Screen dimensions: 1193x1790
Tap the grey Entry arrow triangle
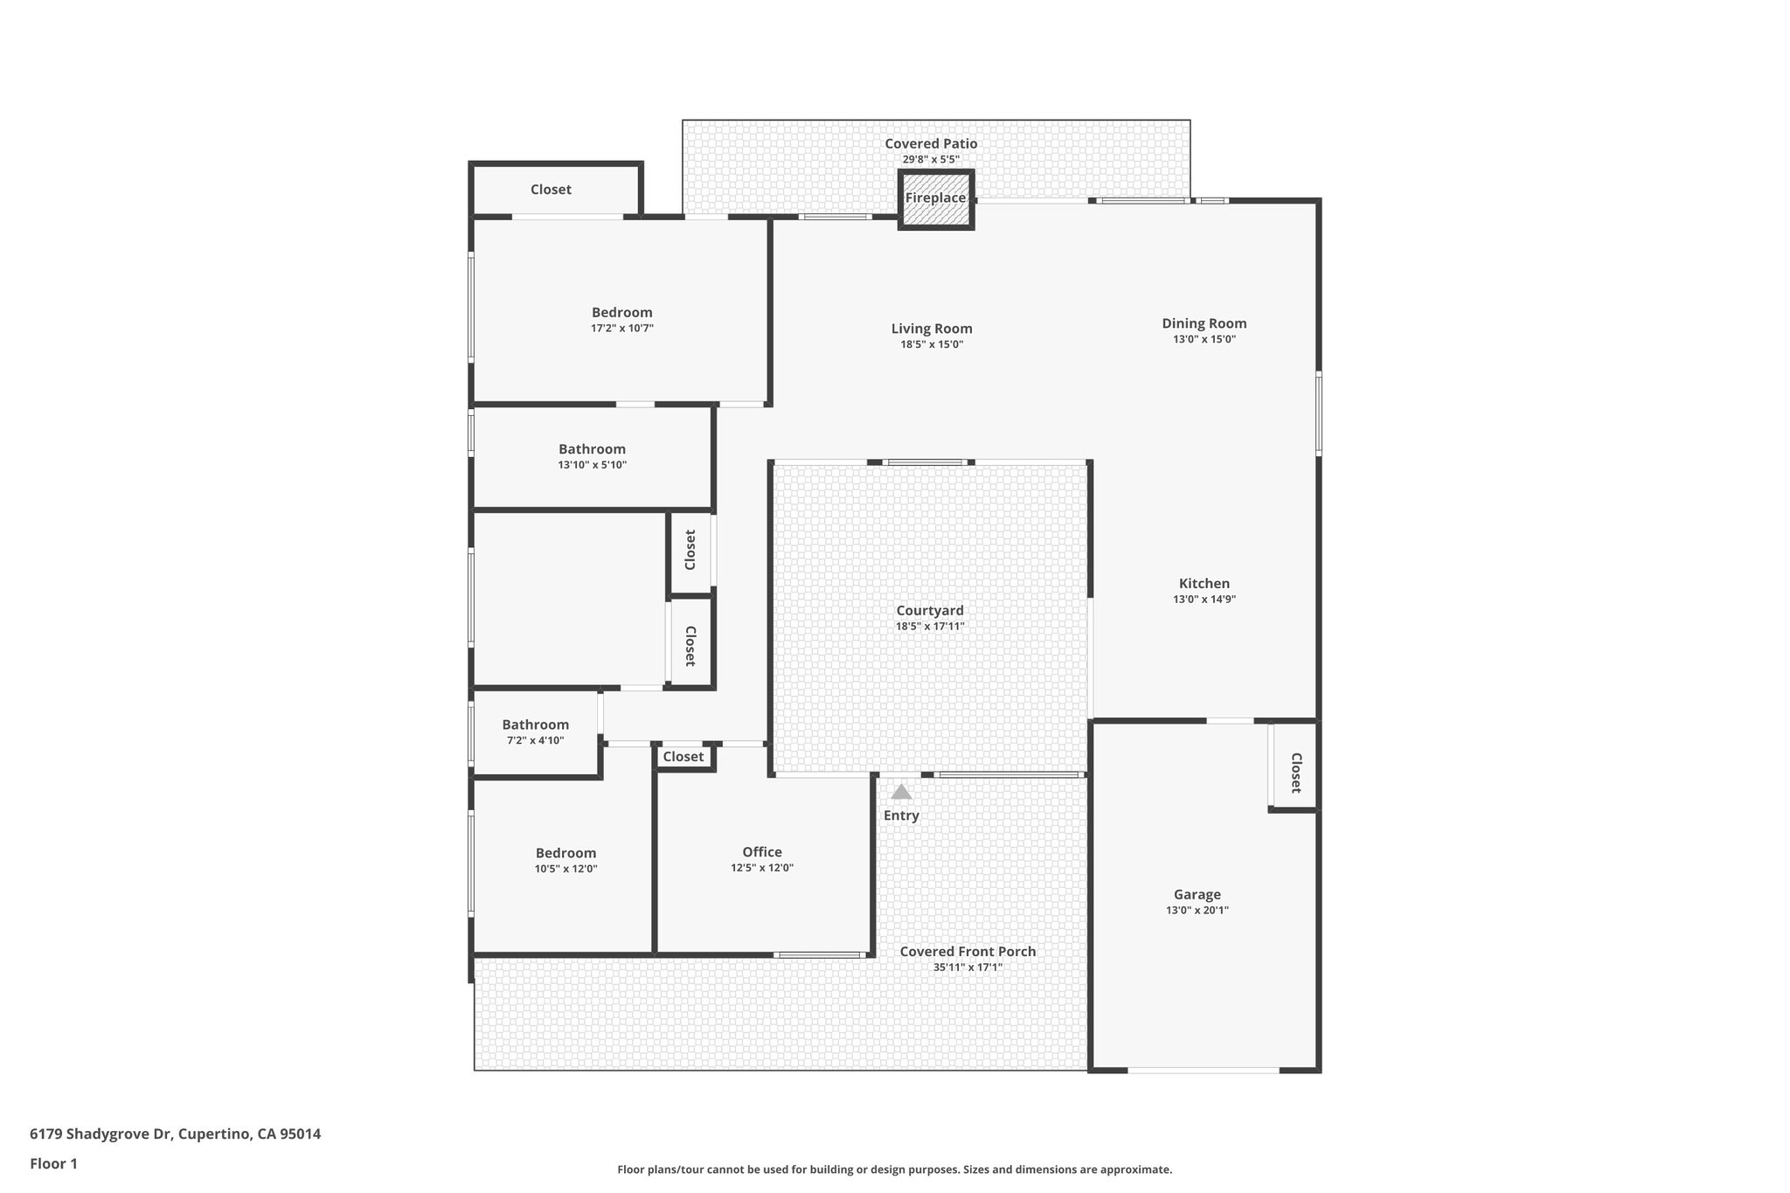pos(901,792)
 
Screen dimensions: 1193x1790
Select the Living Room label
pos(932,329)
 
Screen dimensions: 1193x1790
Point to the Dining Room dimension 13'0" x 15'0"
pos(1204,339)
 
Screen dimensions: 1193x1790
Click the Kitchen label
pos(1204,584)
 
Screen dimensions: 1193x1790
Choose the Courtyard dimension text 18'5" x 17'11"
pos(930,627)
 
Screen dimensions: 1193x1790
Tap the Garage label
pos(1197,894)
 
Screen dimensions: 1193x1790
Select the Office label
pos(762,852)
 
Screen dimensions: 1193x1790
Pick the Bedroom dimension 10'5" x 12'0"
pos(565,869)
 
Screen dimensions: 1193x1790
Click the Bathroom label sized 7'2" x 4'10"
pos(535,725)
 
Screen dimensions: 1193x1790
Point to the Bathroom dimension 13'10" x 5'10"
pos(592,465)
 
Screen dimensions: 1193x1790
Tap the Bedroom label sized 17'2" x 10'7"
pos(621,312)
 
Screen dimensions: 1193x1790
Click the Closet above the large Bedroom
pos(551,190)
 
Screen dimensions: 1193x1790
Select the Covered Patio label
pos(931,143)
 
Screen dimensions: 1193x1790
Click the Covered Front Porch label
pos(968,952)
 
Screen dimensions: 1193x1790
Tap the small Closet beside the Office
pos(683,757)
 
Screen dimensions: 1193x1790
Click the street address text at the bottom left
pos(175,1134)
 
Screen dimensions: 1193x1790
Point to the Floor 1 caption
pos(53,1163)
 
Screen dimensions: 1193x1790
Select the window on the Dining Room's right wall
pos(1318,413)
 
